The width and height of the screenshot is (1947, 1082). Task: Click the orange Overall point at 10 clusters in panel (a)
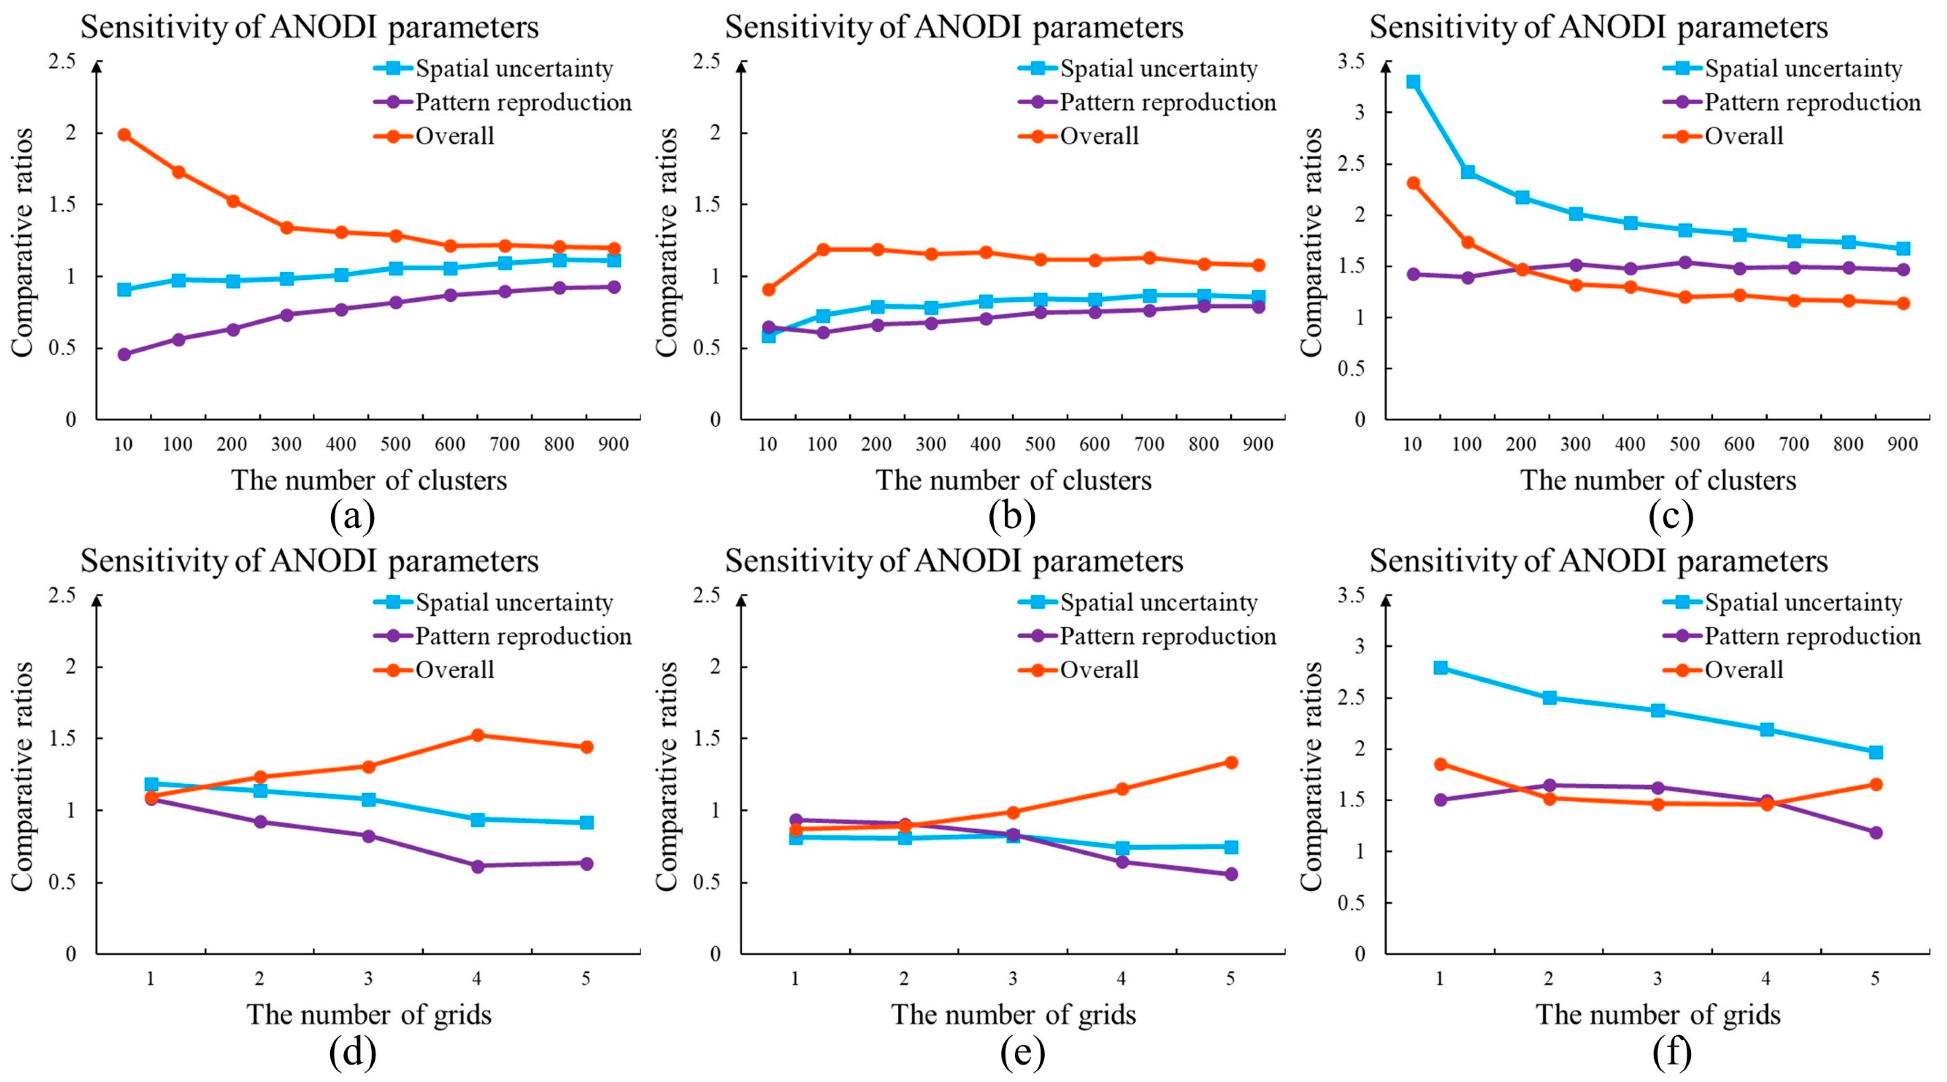(124, 134)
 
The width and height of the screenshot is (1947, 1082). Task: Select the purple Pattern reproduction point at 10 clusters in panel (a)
(124, 354)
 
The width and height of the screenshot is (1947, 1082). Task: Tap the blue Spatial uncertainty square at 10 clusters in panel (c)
(1413, 82)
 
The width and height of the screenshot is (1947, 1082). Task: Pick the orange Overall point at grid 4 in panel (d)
(478, 734)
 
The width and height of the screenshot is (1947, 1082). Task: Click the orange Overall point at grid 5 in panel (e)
(1230, 762)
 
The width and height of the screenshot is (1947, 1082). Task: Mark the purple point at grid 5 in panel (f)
(1875, 833)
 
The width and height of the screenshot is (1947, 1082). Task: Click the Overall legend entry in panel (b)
(1099, 136)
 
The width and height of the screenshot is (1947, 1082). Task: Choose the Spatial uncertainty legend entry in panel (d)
(514, 602)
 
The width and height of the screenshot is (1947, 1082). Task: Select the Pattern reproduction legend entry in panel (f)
(1812, 636)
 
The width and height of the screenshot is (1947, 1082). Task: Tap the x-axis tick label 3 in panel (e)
(1013, 979)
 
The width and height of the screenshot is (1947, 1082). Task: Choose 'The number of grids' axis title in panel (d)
(369, 1014)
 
